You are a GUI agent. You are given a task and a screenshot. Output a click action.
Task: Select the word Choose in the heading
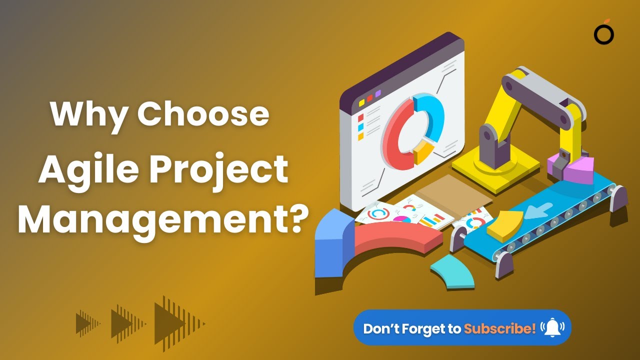[x=203, y=114]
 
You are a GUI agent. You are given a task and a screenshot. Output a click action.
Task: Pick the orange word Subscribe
[x=499, y=328]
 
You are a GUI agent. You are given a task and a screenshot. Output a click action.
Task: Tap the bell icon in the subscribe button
[x=552, y=327]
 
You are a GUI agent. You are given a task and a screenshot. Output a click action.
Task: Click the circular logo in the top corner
[x=604, y=34]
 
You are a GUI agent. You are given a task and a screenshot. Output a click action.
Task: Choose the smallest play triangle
[x=84, y=322]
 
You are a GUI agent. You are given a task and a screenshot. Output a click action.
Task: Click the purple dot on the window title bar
[x=378, y=93]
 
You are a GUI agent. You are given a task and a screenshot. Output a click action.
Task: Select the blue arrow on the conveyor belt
[x=540, y=210]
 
